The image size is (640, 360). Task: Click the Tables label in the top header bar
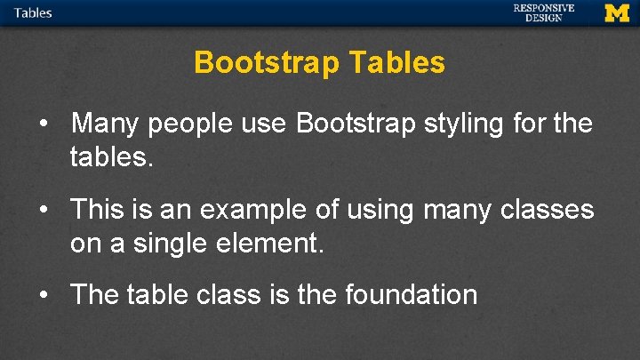33,12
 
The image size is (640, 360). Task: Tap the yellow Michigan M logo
616,12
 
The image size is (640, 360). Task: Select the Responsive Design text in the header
543,12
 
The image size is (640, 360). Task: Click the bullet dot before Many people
44,124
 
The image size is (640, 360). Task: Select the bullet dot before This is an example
44,210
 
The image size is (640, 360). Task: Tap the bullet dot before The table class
44,295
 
